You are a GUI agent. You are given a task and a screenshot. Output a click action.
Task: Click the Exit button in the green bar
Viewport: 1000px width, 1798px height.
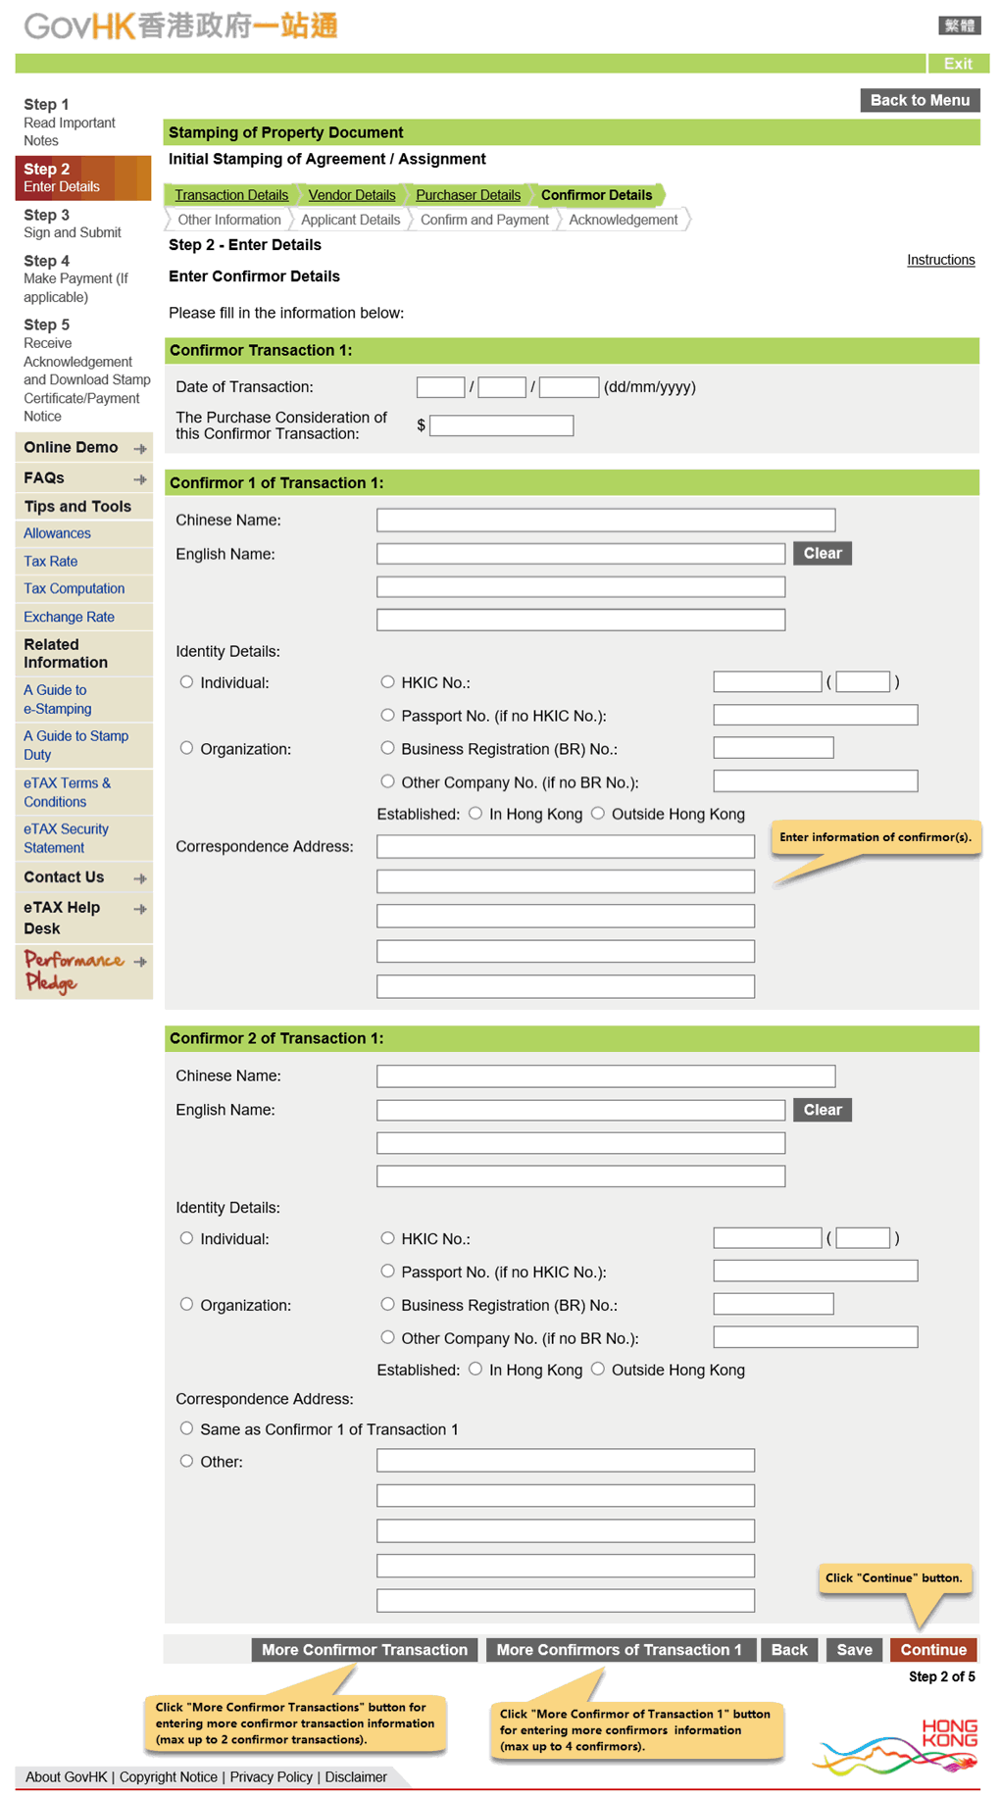click(957, 64)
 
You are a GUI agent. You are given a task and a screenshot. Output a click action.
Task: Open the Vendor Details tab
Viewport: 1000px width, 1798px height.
click(351, 195)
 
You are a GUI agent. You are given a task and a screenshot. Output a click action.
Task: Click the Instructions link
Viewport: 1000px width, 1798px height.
click(940, 260)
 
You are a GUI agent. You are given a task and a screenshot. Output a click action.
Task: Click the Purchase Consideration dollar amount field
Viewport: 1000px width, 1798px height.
click(501, 425)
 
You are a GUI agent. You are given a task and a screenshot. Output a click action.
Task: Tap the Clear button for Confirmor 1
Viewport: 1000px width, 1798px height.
click(822, 554)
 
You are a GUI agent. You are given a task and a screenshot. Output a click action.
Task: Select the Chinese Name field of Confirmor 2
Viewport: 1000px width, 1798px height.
click(605, 1076)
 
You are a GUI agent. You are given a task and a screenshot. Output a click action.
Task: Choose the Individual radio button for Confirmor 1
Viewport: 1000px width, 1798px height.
click(187, 682)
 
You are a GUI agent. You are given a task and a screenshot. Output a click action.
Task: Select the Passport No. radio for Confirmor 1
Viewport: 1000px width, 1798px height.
click(388, 716)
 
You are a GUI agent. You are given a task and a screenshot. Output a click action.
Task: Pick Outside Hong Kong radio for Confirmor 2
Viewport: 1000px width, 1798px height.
click(598, 1370)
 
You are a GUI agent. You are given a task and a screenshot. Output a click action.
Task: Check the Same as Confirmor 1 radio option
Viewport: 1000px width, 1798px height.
click(187, 1428)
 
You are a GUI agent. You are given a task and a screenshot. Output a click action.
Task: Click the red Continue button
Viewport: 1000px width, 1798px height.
click(932, 1650)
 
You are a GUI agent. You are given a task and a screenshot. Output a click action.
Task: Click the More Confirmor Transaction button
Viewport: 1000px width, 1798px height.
click(364, 1650)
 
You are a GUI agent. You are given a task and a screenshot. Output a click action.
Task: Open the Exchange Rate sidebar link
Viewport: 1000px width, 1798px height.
click(69, 617)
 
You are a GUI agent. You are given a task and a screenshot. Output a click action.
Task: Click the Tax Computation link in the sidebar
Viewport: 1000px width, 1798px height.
click(74, 588)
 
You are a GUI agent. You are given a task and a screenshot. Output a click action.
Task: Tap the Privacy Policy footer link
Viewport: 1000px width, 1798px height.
click(271, 1777)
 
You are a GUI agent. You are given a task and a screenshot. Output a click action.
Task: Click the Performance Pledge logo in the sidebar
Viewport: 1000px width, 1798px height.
click(75, 970)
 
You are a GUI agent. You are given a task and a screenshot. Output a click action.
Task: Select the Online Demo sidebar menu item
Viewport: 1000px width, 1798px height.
click(72, 448)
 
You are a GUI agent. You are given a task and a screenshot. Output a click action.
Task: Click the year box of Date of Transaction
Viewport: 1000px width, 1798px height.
click(569, 387)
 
